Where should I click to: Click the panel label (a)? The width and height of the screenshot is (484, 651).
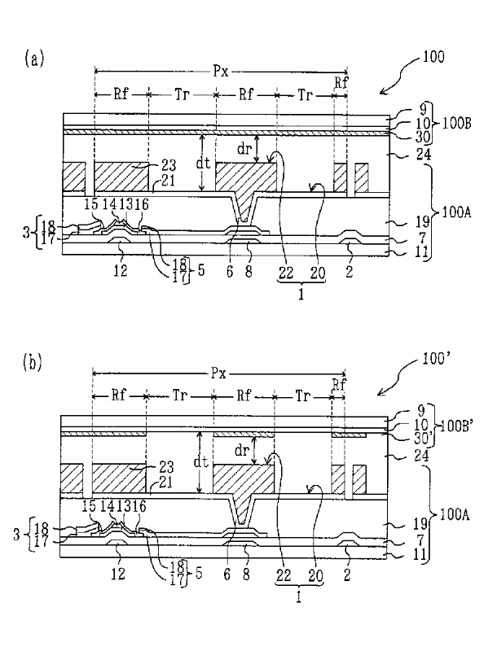click(33, 59)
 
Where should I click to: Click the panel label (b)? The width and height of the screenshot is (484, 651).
click(32, 362)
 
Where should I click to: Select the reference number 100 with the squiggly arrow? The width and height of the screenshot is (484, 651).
click(433, 57)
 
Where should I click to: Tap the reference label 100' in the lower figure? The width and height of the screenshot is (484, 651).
click(433, 359)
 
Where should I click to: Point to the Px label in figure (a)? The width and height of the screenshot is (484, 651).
click(221, 72)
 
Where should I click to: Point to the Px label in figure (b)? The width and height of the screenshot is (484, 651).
click(218, 374)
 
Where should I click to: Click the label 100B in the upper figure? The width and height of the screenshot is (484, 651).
click(456, 124)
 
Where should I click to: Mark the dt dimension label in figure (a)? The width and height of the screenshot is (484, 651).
click(203, 164)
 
